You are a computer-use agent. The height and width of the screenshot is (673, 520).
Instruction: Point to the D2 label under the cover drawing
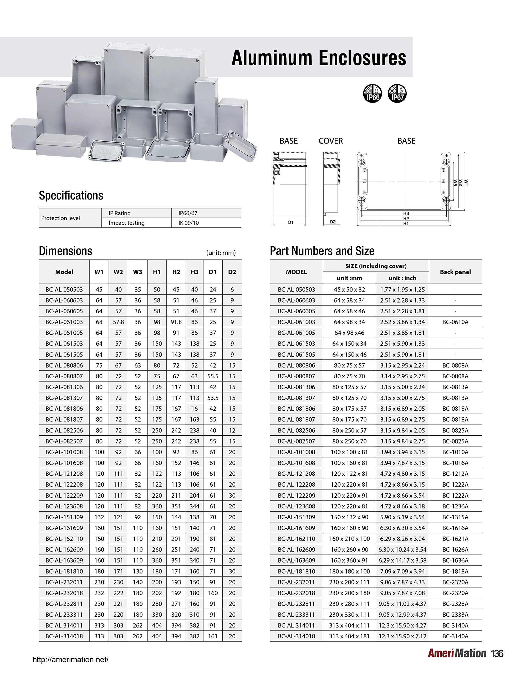coord(333,222)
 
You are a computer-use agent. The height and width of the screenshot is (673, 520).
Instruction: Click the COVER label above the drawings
coord(330,141)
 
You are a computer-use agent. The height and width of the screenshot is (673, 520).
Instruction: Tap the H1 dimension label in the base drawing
coord(406,224)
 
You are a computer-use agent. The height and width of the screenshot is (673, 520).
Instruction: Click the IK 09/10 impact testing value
coord(188,223)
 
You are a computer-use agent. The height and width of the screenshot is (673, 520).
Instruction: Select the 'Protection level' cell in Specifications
coord(60,218)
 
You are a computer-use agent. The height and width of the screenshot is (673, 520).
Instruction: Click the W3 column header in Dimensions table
coord(137,272)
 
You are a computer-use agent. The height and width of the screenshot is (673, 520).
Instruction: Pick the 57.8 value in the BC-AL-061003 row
coord(118,322)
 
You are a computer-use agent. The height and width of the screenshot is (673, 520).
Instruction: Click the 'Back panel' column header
coord(455,272)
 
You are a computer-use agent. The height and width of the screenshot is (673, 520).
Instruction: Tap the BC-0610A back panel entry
coord(455,322)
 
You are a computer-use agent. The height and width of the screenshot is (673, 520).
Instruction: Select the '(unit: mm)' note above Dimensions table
coord(221,253)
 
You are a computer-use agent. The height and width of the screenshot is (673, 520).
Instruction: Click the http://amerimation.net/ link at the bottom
coord(71,659)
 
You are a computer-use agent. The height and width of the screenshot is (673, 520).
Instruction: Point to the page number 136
coord(497,653)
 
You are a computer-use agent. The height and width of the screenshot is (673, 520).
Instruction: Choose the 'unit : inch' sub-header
coord(402,278)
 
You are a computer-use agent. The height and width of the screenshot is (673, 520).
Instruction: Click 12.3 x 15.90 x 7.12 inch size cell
coord(402,636)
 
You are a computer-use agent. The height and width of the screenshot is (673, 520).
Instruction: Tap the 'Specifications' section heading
coord(71,195)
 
